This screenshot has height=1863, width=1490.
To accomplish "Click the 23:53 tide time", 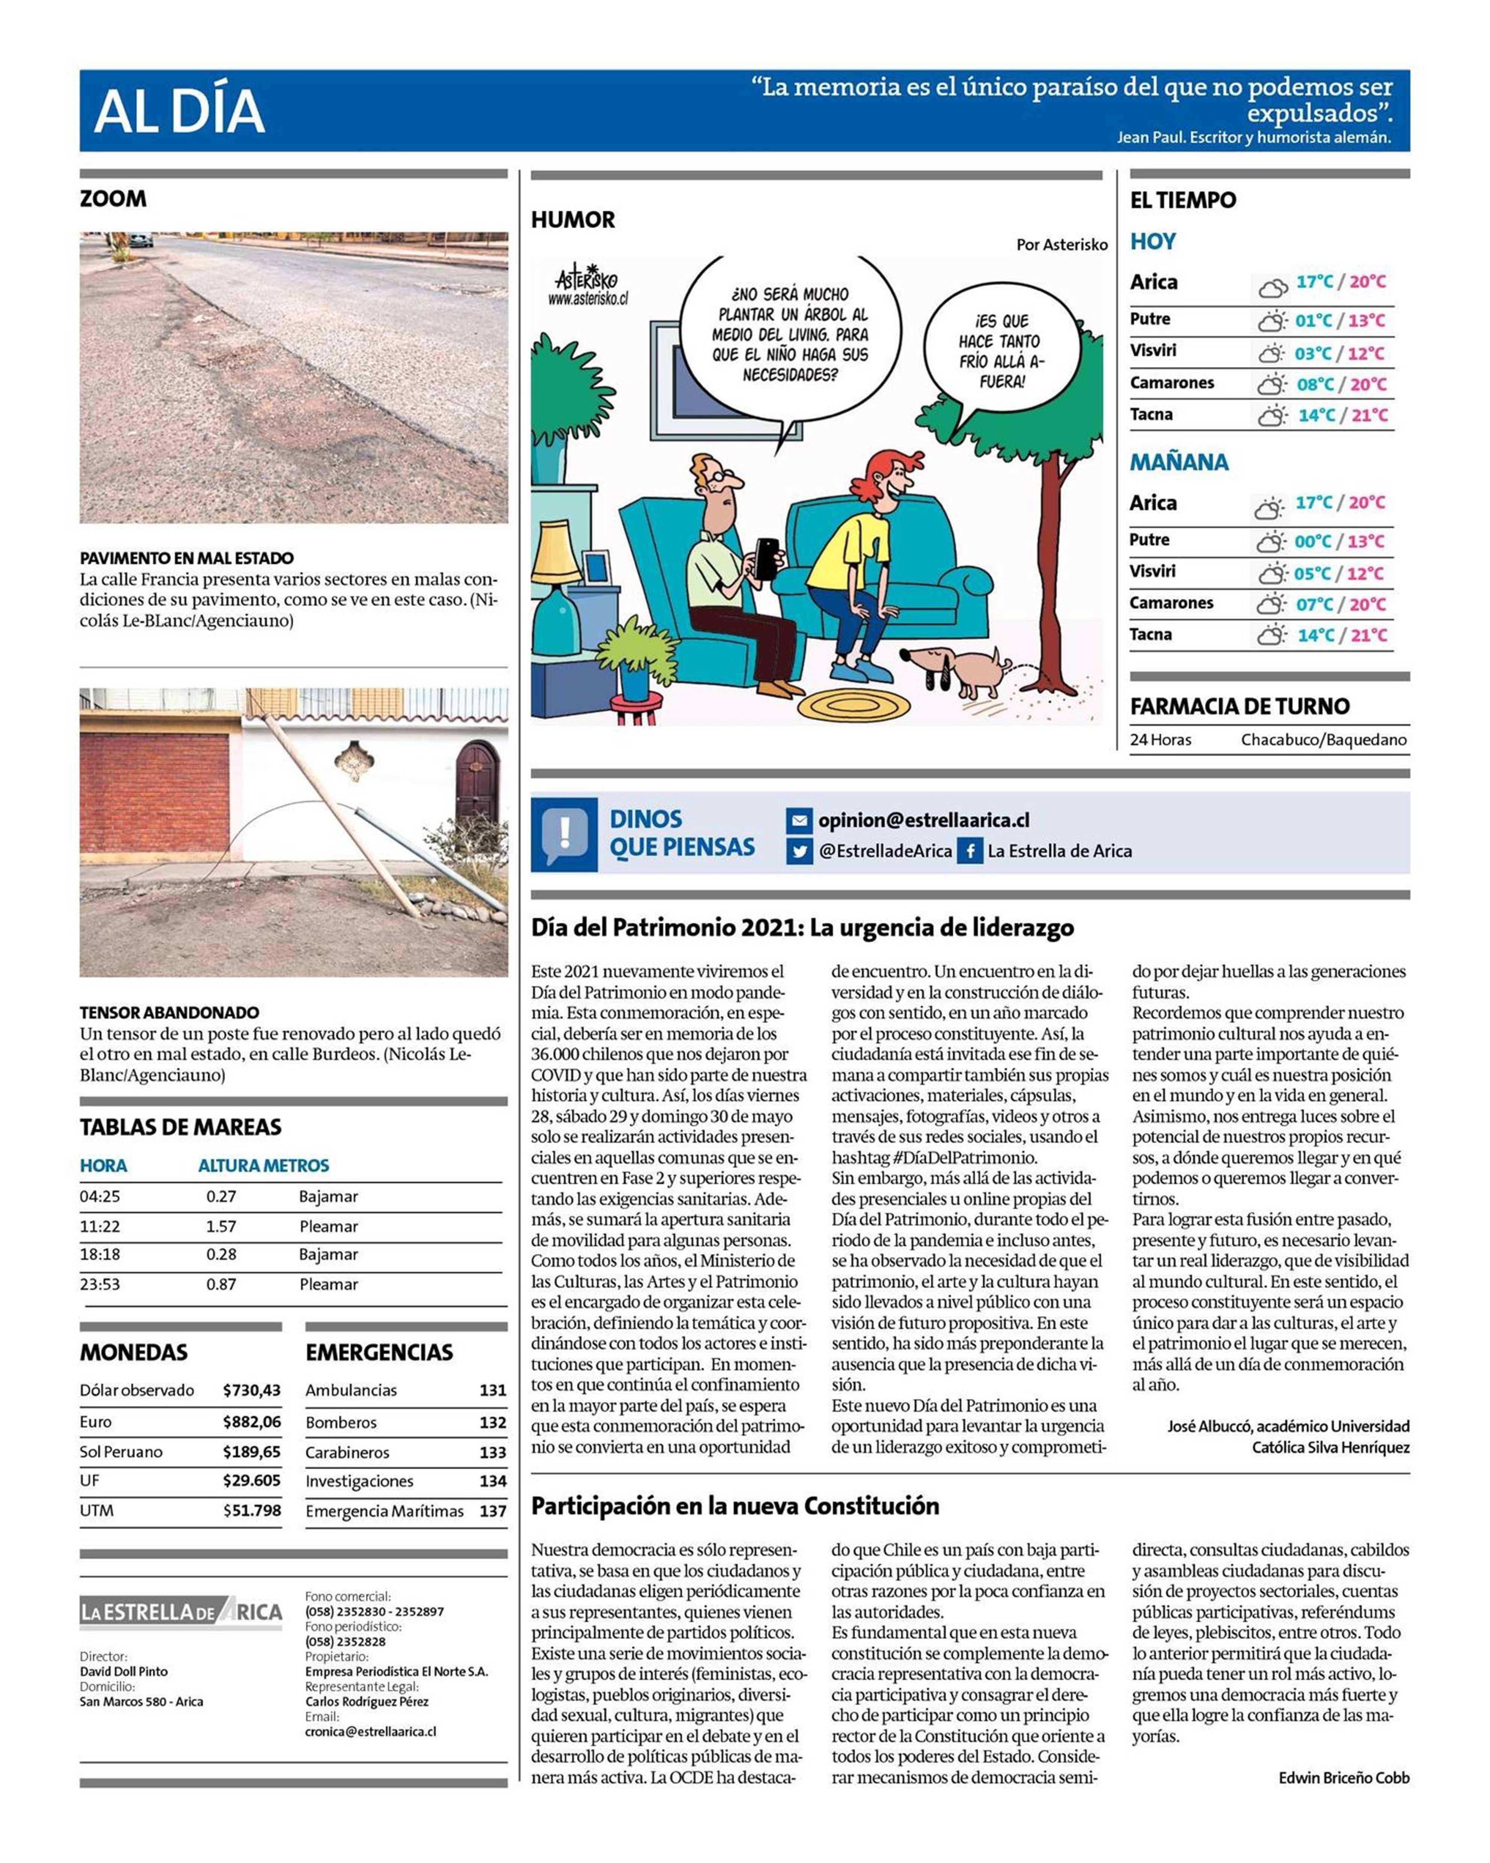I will (x=100, y=1284).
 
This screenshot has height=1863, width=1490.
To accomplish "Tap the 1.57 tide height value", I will (x=221, y=1226).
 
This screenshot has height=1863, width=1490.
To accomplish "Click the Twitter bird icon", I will (x=799, y=851).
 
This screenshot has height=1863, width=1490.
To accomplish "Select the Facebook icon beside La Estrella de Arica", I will (x=970, y=851).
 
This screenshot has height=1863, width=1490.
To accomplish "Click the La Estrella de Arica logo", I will (x=181, y=1613).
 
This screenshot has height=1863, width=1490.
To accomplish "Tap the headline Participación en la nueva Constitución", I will (x=734, y=1506).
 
